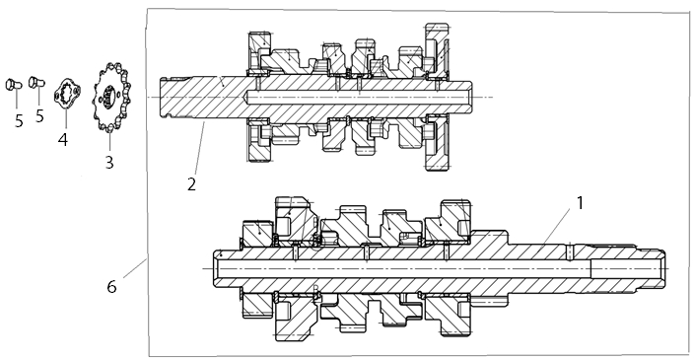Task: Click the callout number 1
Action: point(580,203)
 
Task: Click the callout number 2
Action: point(191,184)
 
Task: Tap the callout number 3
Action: point(109,162)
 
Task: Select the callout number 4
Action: point(63,139)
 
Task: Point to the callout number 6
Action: point(111,286)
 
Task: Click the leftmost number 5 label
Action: point(19,120)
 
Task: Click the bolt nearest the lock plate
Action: point(36,82)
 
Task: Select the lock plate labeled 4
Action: point(66,93)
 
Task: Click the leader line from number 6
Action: point(135,268)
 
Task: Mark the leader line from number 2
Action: point(199,149)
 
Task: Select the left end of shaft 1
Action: point(215,268)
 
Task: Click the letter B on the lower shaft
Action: point(316,289)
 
